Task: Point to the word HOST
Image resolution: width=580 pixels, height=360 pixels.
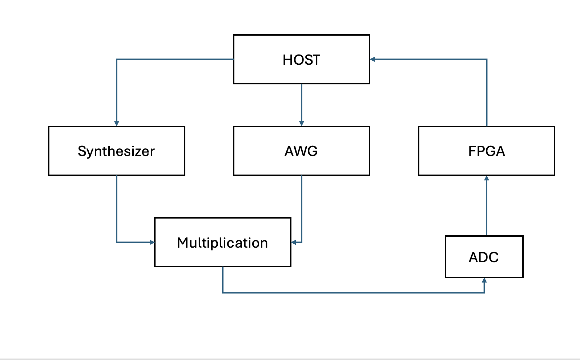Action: click(x=301, y=60)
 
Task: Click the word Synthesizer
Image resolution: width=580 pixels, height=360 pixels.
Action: click(x=116, y=151)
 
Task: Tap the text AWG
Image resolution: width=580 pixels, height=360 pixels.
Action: click(x=301, y=151)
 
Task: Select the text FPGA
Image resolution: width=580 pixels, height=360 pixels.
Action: click(x=487, y=151)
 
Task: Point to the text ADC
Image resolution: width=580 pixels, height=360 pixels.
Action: click(x=484, y=257)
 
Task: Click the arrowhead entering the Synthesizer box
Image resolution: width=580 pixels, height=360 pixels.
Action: click(x=117, y=123)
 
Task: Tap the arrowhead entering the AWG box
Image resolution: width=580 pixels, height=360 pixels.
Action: click(x=301, y=123)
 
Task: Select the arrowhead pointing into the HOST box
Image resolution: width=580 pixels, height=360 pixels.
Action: click(x=372, y=59)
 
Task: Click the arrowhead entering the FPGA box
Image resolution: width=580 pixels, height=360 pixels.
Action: click(x=487, y=178)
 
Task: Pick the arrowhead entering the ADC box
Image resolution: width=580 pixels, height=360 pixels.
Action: click(x=484, y=280)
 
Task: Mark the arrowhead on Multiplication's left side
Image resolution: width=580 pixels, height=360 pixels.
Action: click(x=152, y=242)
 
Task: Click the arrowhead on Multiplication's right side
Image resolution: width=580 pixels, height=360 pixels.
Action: click(x=294, y=242)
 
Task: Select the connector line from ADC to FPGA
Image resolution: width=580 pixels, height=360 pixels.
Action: click(x=487, y=206)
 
